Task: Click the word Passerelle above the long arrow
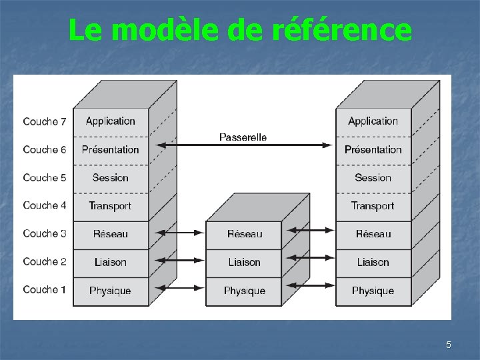pos(243,137)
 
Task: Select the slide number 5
pos(449,345)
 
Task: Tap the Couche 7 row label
pos(45,121)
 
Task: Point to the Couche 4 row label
pos(45,205)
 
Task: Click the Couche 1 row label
pos(45,289)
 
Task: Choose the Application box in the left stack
pos(111,121)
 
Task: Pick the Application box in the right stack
pos(373,121)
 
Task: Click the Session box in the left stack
pos(111,178)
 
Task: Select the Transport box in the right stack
pos(373,206)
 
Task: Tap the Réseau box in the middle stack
pos(245,234)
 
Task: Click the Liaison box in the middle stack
pos(245,262)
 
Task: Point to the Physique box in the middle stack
pos(245,291)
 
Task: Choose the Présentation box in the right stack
pos(373,150)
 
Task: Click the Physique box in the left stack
pos(111,291)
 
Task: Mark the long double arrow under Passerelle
pos(243,145)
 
